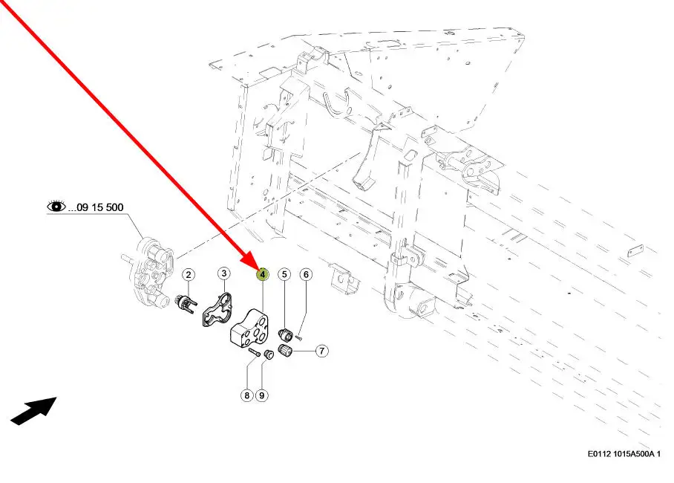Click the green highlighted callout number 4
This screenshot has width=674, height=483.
[262, 274]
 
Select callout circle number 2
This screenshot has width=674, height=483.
[189, 274]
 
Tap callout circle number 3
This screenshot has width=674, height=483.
[223, 273]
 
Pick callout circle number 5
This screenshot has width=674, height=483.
[284, 274]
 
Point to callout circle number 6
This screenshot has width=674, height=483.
[306, 274]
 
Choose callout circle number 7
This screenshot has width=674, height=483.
[322, 351]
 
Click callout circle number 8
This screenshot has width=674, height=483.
[246, 395]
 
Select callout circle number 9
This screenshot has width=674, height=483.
[262, 395]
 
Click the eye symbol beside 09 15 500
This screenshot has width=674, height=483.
[56, 207]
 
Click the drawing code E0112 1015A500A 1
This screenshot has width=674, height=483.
[624, 454]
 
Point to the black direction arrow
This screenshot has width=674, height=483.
[33, 411]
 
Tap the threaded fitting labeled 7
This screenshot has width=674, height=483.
[285, 351]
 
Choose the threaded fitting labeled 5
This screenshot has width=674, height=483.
[285, 334]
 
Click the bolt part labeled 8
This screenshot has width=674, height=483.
[255, 352]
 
